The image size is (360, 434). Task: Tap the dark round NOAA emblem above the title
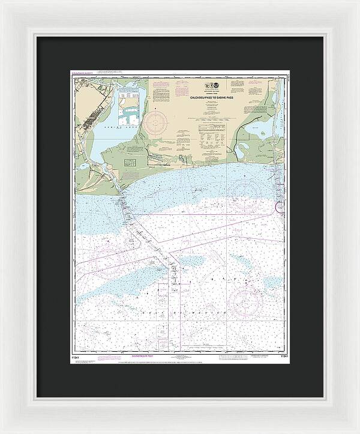click(x=216, y=86)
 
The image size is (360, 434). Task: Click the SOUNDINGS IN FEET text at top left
click(x=84, y=75)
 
